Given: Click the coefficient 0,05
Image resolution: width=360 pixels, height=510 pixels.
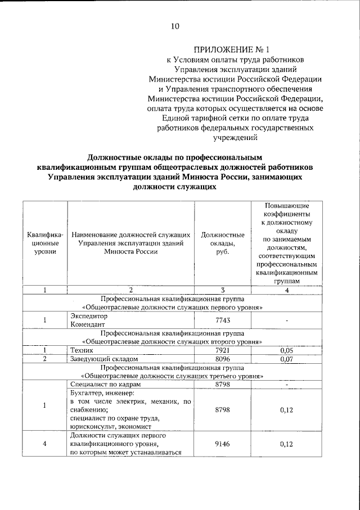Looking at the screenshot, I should [x=287, y=350].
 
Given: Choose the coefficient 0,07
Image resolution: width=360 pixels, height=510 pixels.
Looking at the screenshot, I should [x=287, y=358].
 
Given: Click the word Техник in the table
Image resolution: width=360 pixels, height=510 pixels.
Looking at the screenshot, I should [x=82, y=350].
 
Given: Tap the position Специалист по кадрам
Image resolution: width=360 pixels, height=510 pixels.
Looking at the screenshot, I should [x=105, y=384].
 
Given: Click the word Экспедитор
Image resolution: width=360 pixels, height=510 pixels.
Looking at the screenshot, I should [x=88, y=316].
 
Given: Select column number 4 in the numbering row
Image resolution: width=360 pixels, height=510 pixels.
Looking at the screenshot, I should [x=287, y=290].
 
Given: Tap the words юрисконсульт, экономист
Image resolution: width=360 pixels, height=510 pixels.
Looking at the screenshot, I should [x=109, y=427].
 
